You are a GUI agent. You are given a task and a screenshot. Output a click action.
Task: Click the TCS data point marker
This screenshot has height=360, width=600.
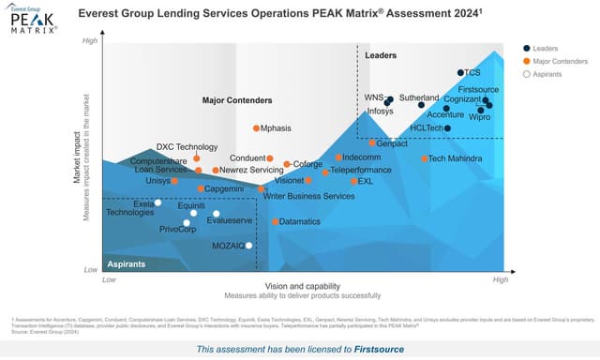(460, 72)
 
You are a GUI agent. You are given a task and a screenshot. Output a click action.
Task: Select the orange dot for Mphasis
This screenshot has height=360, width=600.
(256, 127)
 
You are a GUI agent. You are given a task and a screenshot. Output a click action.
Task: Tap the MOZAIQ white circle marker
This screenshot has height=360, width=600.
(248, 246)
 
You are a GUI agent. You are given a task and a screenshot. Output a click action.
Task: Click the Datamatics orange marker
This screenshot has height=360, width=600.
(275, 222)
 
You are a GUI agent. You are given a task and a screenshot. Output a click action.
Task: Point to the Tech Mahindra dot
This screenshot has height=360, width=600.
(425, 158)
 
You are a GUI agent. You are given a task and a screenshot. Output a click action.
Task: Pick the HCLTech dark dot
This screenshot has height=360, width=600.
(447, 127)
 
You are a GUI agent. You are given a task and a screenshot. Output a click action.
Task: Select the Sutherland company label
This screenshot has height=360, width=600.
(419, 97)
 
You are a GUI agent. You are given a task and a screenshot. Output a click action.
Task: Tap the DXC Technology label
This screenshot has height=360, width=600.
(187, 146)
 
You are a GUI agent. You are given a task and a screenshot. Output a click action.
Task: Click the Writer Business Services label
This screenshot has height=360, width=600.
(308, 196)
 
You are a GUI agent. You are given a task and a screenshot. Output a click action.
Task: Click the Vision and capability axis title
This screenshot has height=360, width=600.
(302, 285)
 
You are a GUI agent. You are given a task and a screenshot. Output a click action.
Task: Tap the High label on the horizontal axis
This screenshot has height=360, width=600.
(501, 279)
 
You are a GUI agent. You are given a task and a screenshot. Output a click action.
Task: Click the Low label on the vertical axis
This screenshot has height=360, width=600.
(91, 270)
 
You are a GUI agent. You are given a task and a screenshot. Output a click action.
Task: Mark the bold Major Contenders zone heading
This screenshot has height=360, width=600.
(237, 99)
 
